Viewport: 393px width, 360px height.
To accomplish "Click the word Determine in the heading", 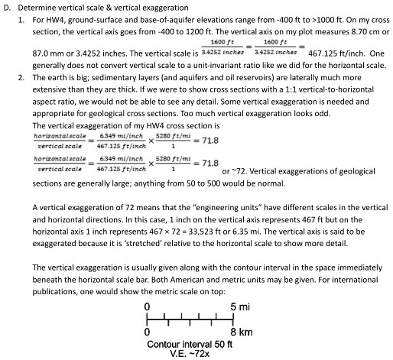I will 37,7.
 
